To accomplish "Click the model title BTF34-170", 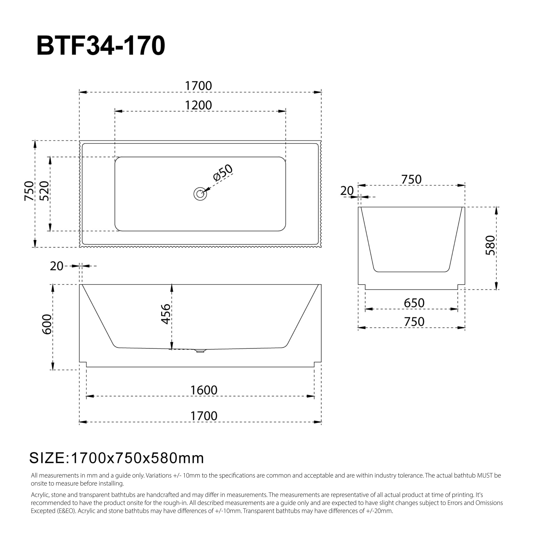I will (101, 46).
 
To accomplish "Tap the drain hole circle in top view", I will (200, 194).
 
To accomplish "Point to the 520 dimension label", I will (44, 191).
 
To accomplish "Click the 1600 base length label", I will (204, 390).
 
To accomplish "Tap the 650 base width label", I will (414, 303).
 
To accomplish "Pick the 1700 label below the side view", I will (204, 416).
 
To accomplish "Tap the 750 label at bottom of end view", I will (414, 322).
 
